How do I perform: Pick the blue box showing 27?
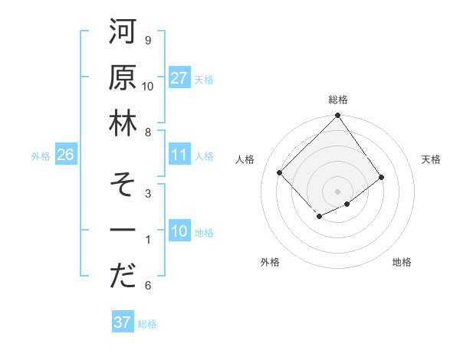[x=179, y=78]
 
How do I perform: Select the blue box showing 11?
[x=179, y=155]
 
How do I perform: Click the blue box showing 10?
[x=179, y=232]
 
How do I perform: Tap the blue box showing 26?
[x=66, y=155]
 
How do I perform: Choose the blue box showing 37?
[x=123, y=322]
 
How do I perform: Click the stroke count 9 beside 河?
[x=147, y=40]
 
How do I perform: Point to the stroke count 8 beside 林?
[x=147, y=133]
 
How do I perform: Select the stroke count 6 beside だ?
[x=147, y=286]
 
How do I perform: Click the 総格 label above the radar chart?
[x=338, y=100]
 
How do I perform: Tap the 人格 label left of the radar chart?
[x=245, y=159]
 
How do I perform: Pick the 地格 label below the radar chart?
[x=402, y=262]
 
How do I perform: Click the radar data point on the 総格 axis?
[x=338, y=116]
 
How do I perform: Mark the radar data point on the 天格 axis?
[x=382, y=177]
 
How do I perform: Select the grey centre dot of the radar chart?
[x=338, y=191]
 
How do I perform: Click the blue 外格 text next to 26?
[x=41, y=156]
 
